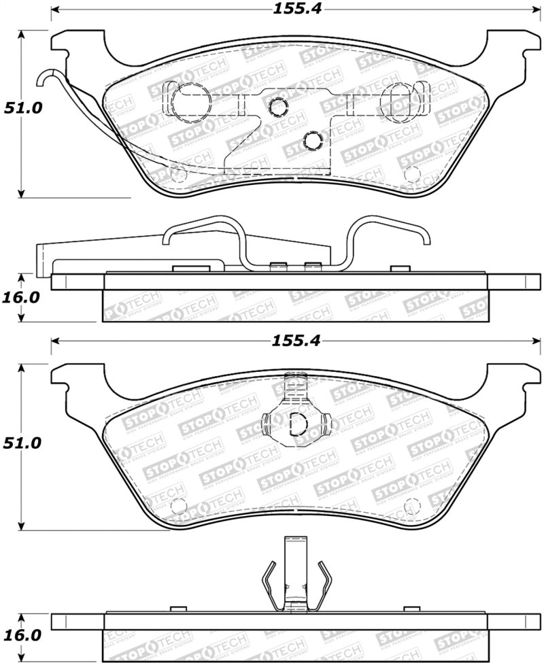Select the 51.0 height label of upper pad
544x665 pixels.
click(22, 108)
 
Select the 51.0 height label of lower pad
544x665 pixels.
click(22, 443)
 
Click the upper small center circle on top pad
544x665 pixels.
click(277, 106)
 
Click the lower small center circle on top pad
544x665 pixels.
click(312, 140)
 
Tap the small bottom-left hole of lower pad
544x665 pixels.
click(178, 506)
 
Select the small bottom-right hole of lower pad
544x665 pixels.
click(411, 507)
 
